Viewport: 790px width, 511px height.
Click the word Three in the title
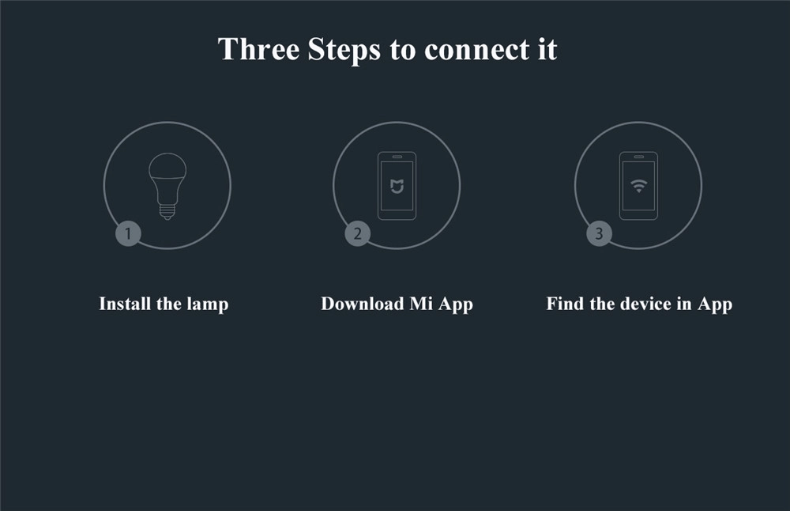(x=258, y=49)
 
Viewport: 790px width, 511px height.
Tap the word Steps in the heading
(x=344, y=49)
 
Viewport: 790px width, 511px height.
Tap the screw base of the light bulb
(x=167, y=210)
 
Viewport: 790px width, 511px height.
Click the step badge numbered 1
(x=128, y=233)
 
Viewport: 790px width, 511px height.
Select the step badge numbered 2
(x=357, y=233)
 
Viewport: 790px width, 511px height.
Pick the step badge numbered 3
(x=599, y=233)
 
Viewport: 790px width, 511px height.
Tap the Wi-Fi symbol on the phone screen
(x=638, y=187)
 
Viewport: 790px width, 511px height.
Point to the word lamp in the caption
(x=208, y=304)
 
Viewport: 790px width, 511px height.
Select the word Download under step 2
(x=362, y=304)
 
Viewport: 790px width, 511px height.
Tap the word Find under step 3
(x=564, y=304)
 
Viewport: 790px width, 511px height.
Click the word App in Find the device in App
(x=714, y=304)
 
